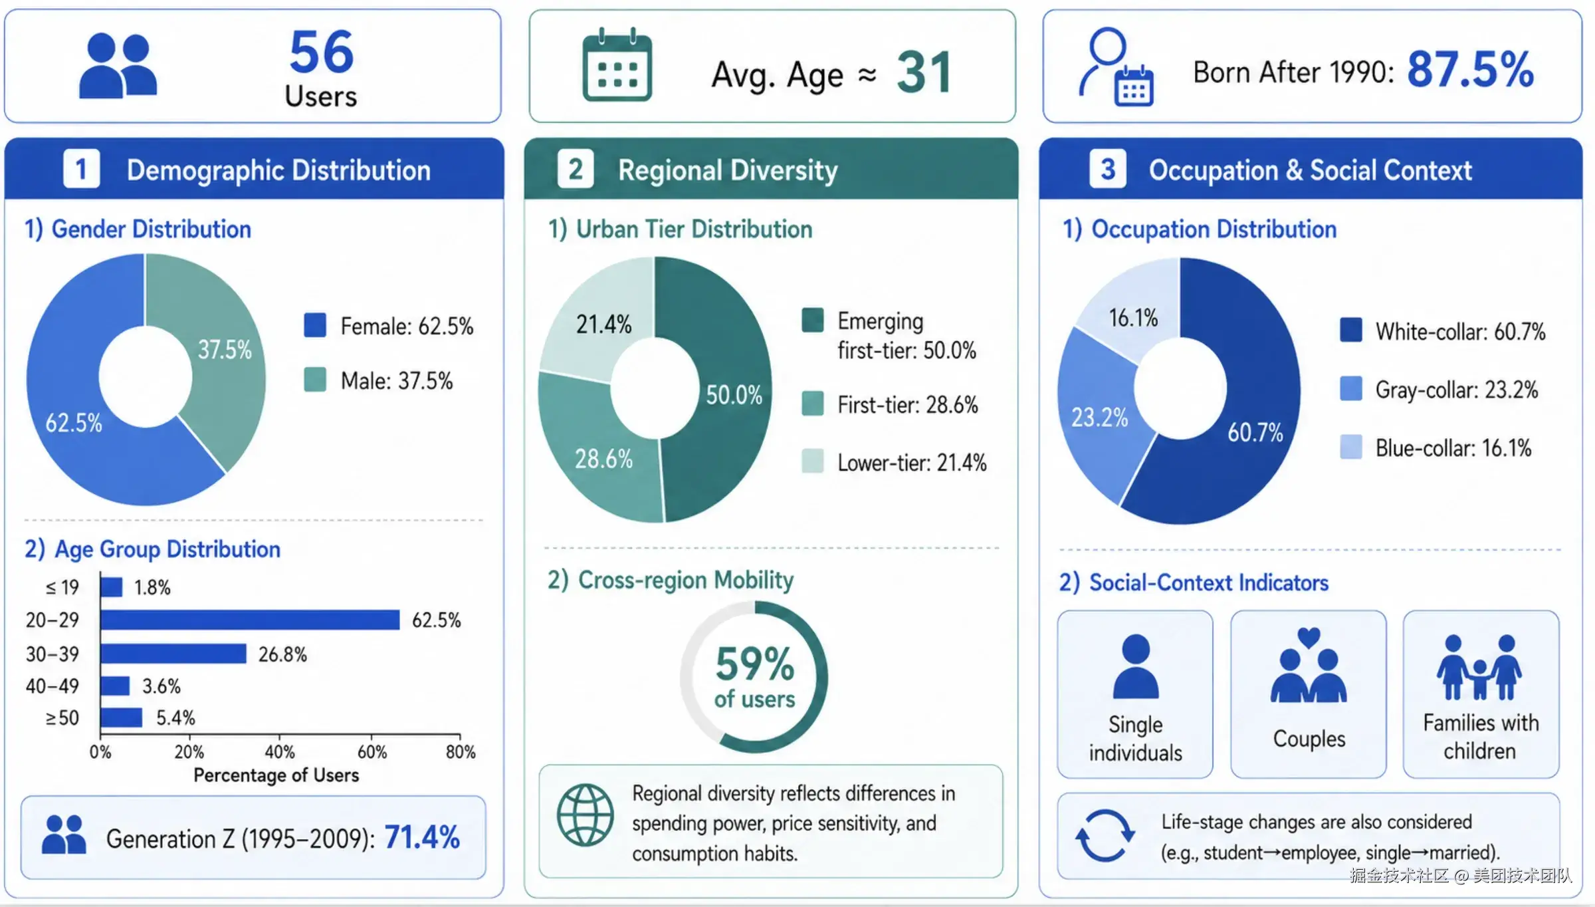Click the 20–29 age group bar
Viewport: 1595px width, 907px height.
click(x=251, y=620)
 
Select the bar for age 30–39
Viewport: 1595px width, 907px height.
click(x=173, y=654)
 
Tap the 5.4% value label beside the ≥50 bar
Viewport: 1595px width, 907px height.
click(x=175, y=717)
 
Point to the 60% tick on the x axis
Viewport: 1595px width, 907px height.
click(x=372, y=752)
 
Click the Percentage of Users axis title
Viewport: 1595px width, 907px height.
click(x=276, y=775)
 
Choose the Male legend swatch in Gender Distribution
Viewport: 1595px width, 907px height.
click(x=315, y=380)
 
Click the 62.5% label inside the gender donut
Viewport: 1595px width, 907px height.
click(x=74, y=423)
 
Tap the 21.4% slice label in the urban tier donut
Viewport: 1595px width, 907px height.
click(x=603, y=324)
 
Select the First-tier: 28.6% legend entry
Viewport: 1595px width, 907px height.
click(x=891, y=404)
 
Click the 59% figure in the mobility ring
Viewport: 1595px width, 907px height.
click(x=755, y=664)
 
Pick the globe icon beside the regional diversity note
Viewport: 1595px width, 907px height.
click(x=585, y=815)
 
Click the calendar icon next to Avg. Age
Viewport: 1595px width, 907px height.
click(x=617, y=65)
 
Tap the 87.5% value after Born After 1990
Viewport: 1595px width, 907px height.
click(x=1471, y=69)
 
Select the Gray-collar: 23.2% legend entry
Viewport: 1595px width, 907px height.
click(x=1439, y=390)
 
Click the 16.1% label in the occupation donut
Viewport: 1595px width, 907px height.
click(x=1133, y=318)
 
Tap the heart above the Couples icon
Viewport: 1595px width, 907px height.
click(x=1309, y=637)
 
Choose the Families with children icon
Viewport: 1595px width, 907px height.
click(x=1480, y=667)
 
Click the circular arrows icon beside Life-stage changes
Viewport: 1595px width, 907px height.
click(x=1105, y=835)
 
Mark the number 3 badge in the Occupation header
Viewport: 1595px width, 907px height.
click(x=1107, y=170)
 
